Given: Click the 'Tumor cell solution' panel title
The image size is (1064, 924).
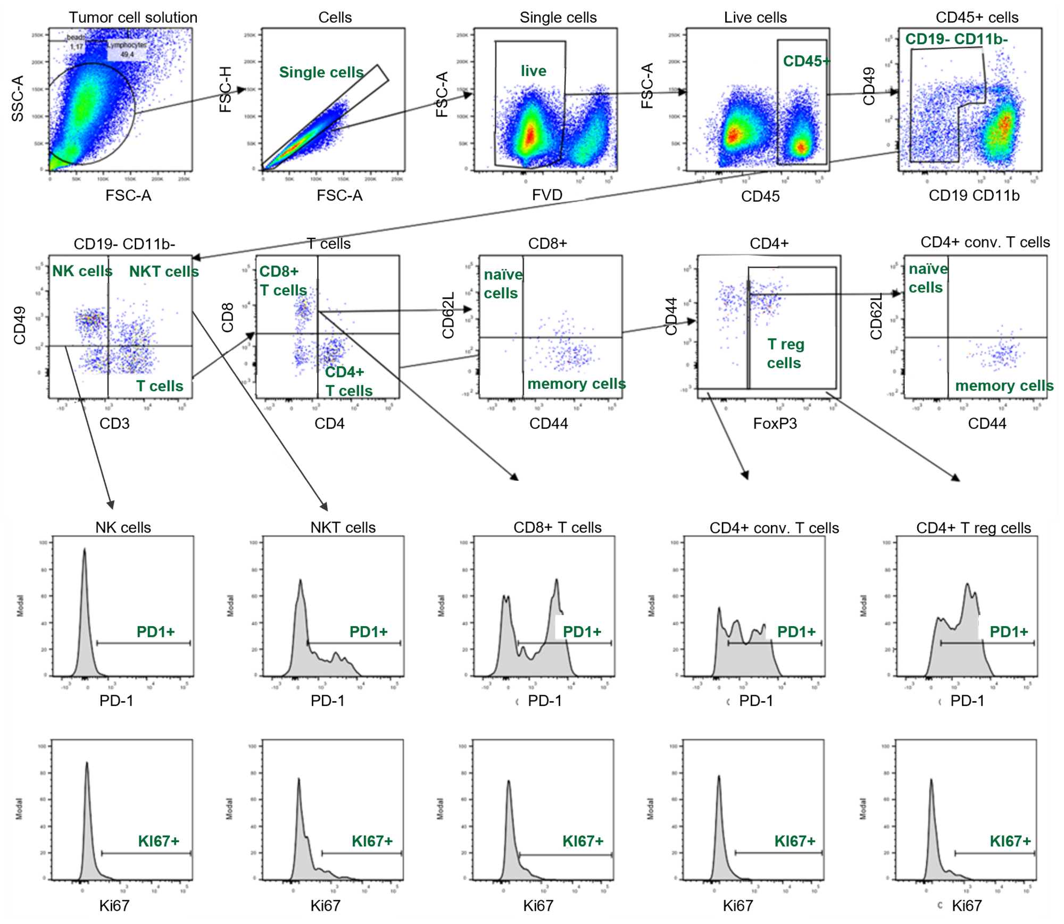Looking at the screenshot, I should (x=133, y=18).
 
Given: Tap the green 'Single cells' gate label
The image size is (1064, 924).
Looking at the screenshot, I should (x=321, y=72).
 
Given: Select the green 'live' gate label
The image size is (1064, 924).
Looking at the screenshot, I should (x=533, y=71).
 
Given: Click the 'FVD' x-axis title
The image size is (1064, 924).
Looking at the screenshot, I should (x=547, y=195).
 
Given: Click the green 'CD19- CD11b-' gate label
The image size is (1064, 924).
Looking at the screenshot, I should (x=957, y=39).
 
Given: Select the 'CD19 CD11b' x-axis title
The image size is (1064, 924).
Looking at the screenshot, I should (x=974, y=196).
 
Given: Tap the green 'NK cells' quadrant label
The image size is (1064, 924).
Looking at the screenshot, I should (x=82, y=271).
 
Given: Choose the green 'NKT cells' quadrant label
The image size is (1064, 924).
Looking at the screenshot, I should (x=164, y=272).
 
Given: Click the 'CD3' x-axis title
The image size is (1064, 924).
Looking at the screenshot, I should (x=114, y=423).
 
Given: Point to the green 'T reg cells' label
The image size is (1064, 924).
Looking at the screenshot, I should (x=785, y=354).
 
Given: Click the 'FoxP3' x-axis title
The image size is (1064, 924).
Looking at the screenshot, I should (x=775, y=423).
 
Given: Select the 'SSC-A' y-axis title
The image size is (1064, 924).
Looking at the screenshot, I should (x=18, y=98).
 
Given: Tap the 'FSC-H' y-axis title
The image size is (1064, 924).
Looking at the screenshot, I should (x=226, y=89).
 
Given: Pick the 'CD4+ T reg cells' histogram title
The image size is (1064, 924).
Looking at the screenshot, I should (x=974, y=528).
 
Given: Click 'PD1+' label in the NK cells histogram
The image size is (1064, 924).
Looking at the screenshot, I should (x=156, y=632).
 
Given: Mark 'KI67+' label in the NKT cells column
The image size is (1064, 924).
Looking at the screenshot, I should (x=372, y=841).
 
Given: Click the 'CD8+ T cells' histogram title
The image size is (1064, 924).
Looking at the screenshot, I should (x=558, y=528).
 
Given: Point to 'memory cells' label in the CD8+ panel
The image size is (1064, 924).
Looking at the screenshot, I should (x=577, y=384).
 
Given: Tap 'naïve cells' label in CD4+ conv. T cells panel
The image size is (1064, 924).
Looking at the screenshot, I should (x=927, y=278).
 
